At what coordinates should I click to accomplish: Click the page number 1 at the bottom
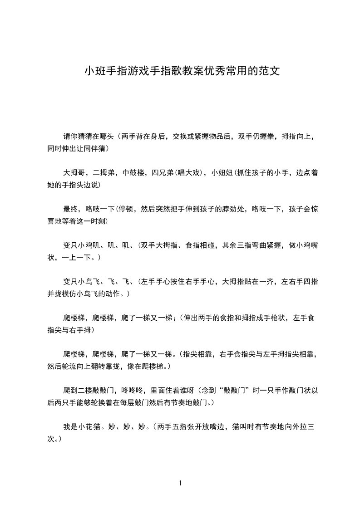180,483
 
